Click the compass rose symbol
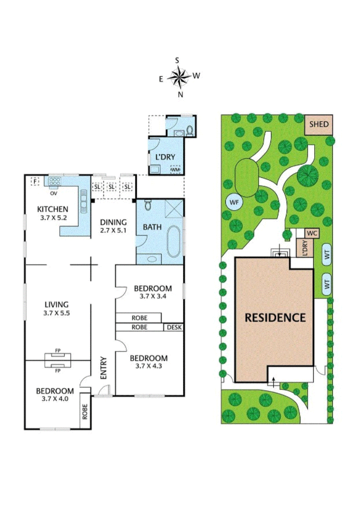pyautogui.click(x=180, y=77)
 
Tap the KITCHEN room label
pyautogui.click(x=52, y=209)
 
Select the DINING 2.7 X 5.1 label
pyautogui.click(x=113, y=226)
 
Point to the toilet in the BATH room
pyautogui.click(x=148, y=207)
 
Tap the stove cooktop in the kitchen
pyautogui.click(x=56, y=181)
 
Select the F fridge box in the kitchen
pyautogui.click(x=34, y=181)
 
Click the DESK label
pyautogui.click(x=174, y=327)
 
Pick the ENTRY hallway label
pyautogui.click(x=103, y=368)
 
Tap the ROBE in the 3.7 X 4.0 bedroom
pyautogui.click(x=85, y=410)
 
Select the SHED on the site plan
pyautogui.click(x=319, y=124)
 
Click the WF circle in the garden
pyautogui.click(x=234, y=202)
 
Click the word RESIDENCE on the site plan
pyautogui.click(x=275, y=317)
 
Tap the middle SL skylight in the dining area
pyautogui.click(x=111, y=186)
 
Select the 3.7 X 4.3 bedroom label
pyautogui.click(x=148, y=362)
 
